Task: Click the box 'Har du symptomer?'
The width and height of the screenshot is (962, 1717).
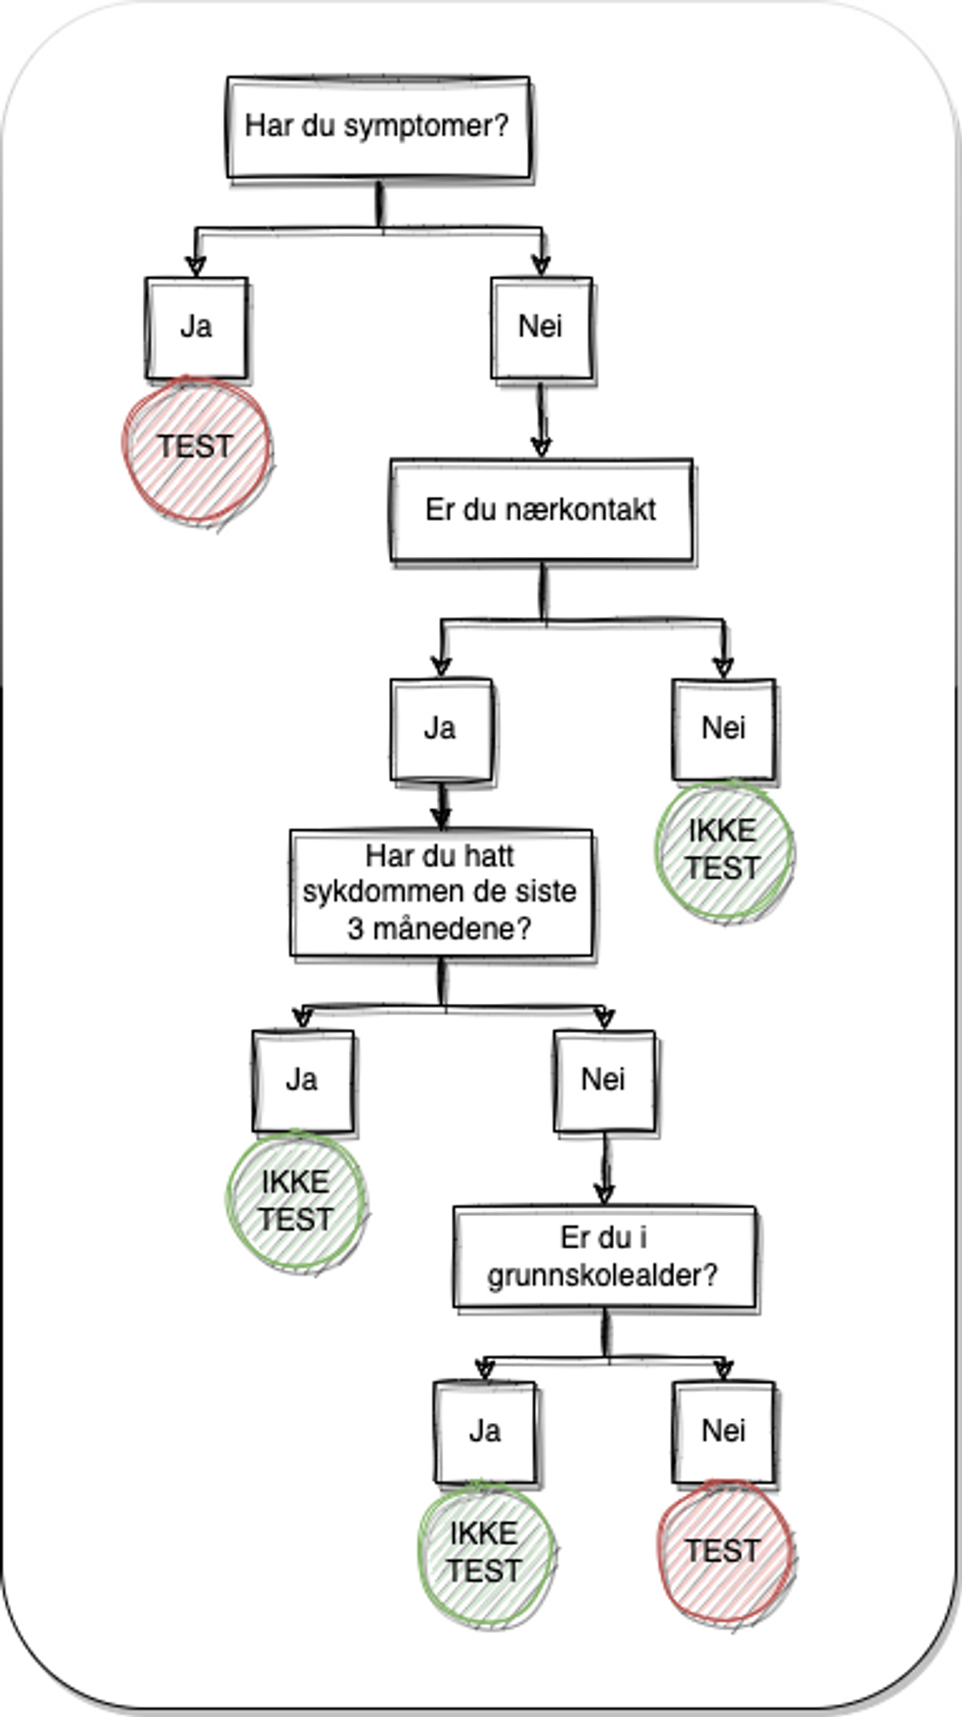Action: [x=378, y=127]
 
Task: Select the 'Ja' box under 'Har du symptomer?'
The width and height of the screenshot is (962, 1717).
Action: [x=196, y=328]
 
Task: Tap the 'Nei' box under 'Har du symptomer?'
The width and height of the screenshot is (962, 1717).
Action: [x=541, y=328]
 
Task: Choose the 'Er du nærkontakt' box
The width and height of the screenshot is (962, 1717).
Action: [x=541, y=510]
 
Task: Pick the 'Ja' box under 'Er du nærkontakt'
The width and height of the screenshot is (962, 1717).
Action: [x=440, y=729]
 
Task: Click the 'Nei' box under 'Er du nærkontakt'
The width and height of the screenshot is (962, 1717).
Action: [x=723, y=729]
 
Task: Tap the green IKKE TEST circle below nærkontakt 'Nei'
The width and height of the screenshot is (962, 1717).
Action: [x=723, y=850]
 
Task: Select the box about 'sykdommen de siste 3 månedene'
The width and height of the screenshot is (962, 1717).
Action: [x=440, y=893]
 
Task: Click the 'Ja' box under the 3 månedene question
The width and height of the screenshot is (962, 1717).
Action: [x=302, y=1080]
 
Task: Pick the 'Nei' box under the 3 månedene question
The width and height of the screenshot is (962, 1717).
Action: [x=604, y=1080]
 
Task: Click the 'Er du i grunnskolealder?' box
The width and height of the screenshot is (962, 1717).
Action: [x=604, y=1256]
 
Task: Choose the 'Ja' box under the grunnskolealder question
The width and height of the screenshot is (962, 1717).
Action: [x=484, y=1431]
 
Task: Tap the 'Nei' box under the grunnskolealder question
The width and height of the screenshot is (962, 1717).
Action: [x=723, y=1431]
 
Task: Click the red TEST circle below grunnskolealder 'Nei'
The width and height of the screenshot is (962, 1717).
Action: [x=723, y=1552]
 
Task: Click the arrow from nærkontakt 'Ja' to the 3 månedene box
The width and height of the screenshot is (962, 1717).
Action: [x=441, y=805]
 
